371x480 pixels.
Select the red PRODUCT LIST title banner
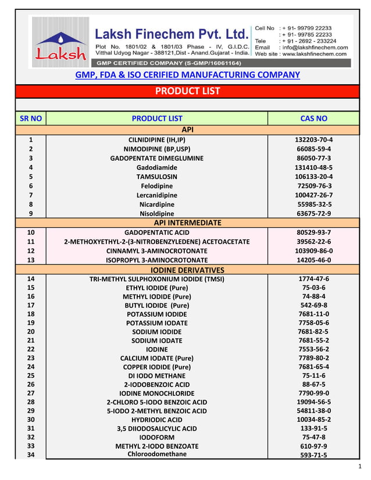(x=187, y=91)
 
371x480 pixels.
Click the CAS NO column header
(x=313, y=119)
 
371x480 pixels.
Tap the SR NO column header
(x=31, y=119)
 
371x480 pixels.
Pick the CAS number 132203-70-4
(x=313, y=139)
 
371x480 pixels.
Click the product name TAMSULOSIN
(x=157, y=177)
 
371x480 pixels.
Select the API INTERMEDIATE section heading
(x=187, y=223)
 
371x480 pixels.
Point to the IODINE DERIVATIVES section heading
(x=187, y=270)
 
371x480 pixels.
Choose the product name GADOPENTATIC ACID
(x=157, y=232)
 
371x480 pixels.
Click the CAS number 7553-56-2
(x=313, y=349)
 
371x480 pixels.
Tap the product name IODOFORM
(x=157, y=437)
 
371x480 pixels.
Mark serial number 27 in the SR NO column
(x=31, y=393)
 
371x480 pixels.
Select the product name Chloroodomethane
(x=157, y=454)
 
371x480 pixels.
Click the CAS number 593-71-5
(x=313, y=456)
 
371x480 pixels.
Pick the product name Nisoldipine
(x=157, y=214)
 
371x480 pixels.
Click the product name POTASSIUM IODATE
(x=157, y=323)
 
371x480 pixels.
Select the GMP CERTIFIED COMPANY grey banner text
(x=169, y=62)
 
